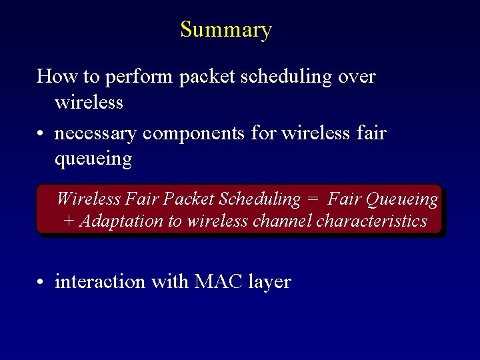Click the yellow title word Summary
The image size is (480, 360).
[226, 30]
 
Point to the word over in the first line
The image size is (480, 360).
[357, 77]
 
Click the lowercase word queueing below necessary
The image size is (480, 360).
[93, 160]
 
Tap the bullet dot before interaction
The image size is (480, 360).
[41, 283]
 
